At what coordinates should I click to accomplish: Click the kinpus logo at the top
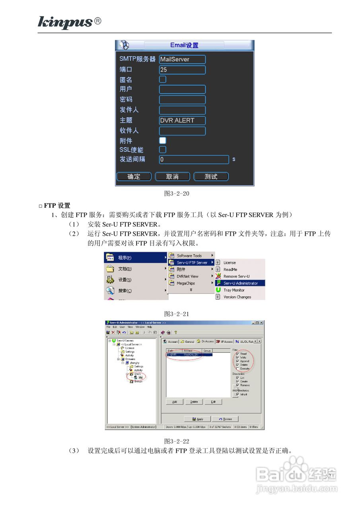click(x=66, y=22)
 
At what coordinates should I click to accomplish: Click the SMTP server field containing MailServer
click(x=182, y=59)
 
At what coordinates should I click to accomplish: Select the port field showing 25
click(x=182, y=70)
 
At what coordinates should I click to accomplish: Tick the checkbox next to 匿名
click(x=163, y=79)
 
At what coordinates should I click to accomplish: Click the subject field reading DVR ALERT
click(x=182, y=120)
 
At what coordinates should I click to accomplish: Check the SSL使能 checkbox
click(x=163, y=150)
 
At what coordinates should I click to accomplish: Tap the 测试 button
click(x=211, y=177)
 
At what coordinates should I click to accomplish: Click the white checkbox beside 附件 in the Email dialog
click(x=163, y=140)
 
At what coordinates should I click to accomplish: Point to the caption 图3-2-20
click(x=177, y=194)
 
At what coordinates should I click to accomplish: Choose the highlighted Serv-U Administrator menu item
click(x=240, y=283)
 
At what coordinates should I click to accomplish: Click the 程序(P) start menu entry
click(x=135, y=258)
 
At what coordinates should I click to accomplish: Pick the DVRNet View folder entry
click(x=187, y=276)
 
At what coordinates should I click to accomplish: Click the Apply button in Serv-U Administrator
click(x=197, y=419)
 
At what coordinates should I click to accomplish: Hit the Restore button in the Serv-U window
click(x=225, y=419)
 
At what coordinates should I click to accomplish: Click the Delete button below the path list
click(x=194, y=402)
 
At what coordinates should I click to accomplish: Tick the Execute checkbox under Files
click(x=237, y=369)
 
